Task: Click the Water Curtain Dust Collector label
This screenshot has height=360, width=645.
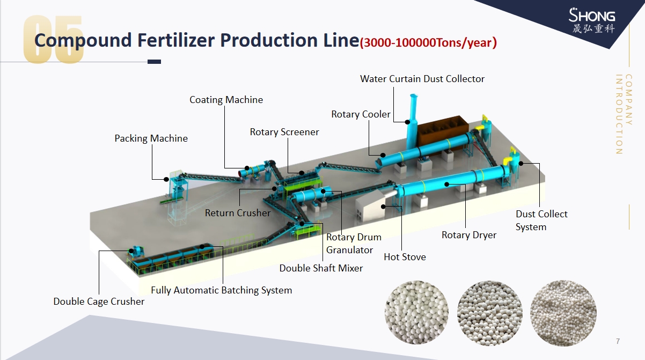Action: [422, 79]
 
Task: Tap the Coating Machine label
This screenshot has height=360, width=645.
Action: [226, 100]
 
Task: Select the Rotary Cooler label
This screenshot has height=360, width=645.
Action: [361, 114]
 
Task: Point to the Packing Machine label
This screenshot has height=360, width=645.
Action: [151, 138]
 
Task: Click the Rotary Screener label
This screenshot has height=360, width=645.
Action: [284, 132]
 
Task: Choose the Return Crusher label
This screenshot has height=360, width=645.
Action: [238, 213]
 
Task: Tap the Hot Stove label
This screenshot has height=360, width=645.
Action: [405, 257]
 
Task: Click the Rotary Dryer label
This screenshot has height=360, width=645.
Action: [469, 235]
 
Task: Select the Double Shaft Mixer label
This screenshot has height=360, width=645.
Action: [321, 268]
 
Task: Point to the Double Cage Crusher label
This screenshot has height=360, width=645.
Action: [99, 302]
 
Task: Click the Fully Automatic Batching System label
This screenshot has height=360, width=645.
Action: [221, 290]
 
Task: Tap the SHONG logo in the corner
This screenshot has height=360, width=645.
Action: [592, 20]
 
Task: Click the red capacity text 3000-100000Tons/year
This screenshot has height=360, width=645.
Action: [428, 42]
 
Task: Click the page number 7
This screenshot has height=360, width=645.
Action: [618, 341]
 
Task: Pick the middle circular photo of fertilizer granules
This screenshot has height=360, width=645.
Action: [490, 313]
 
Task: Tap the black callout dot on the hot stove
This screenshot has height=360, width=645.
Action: [383, 207]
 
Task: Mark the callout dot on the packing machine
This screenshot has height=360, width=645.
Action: [166, 179]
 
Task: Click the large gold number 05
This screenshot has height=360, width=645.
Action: [54, 39]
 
